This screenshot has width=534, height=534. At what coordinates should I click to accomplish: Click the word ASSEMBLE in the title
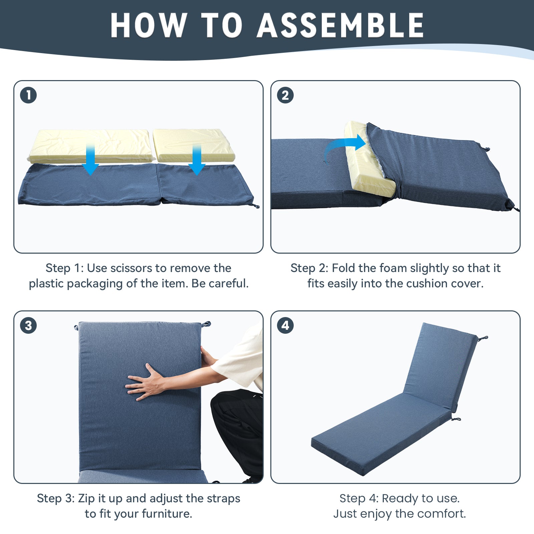pyautogui.click(x=340, y=25)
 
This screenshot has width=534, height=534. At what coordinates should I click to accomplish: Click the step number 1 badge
pyautogui.click(x=28, y=95)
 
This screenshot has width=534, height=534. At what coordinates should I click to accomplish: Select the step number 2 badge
pyautogui.click(x=285, y=95)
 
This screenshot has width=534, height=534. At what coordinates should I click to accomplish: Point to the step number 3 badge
pyautogui.click(x=28, y=325)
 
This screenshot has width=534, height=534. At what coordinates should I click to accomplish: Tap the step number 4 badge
pyautogui.click(x=285, y=325)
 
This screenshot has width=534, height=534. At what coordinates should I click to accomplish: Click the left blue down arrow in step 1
pyautogui.click(x=90, y=159)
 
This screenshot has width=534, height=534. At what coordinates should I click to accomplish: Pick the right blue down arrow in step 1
pyautogui.click(x=197, y=159)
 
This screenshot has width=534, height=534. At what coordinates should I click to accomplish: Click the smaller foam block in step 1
pyautogui.click(x=194, y=145)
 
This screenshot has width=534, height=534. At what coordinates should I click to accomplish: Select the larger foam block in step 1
pyautogui.click(x=91, y=146)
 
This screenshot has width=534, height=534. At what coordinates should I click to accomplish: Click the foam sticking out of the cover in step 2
pyautogui.click(x=369, y=165)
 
